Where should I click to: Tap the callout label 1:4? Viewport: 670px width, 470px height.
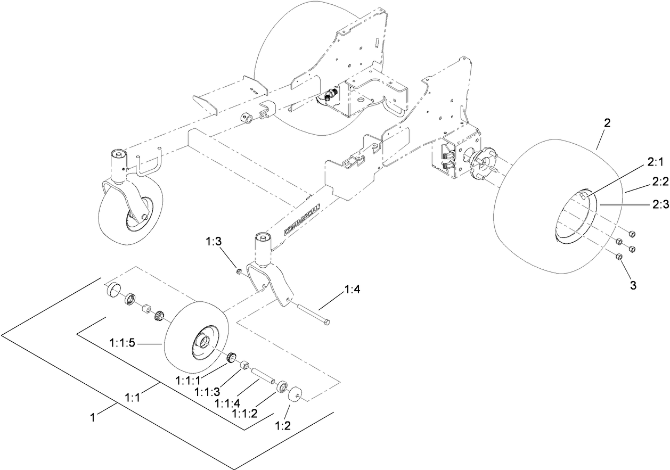(x=353, y=290)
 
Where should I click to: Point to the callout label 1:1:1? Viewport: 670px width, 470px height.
(x=189, y=381)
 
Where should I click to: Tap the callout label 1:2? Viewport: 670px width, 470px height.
(x=283, y=425)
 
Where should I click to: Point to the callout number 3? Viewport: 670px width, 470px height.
(x=633, y=285)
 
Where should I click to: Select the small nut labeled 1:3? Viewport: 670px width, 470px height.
(x=240, y=272)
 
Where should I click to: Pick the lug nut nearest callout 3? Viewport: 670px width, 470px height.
(x=619, y=257)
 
